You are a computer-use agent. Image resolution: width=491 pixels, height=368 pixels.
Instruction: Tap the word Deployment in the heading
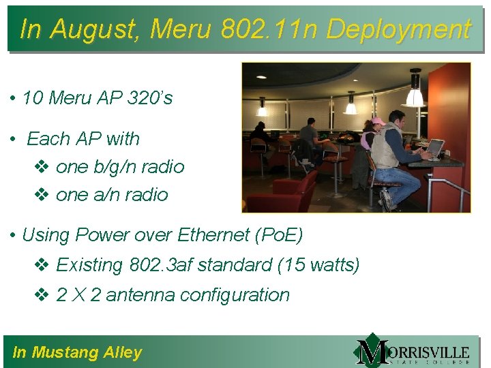(x=398, y=29)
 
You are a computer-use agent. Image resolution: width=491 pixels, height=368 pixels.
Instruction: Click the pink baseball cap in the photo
(x=377, y=121)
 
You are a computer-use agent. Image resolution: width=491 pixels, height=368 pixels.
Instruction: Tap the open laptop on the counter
(x=434, y=147)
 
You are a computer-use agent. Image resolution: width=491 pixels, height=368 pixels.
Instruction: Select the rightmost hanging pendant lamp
(x=414, y=92)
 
